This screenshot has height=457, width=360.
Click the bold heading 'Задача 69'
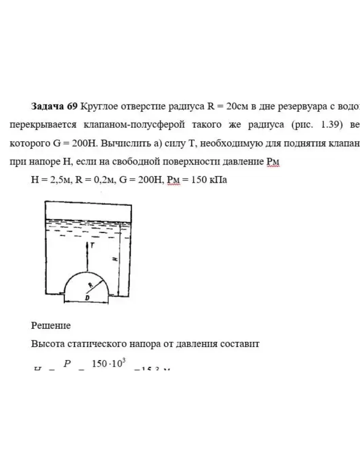(54, 106)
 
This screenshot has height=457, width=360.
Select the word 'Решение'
(51, 326)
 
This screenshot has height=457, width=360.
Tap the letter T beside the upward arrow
(92, 245)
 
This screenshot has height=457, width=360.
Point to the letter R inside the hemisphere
(91, 284)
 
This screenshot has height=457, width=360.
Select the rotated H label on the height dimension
(114, 259)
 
